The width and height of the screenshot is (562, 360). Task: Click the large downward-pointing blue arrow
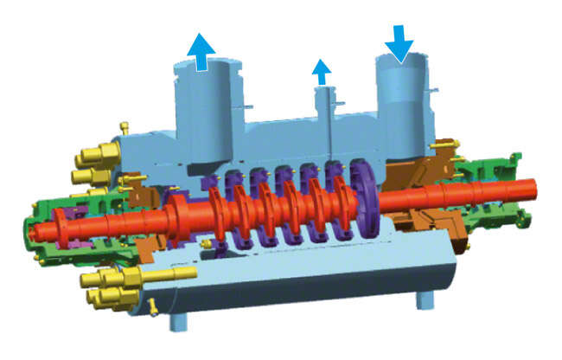tap(399, 42)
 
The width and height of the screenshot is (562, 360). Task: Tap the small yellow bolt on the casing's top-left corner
tap(124, 128)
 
